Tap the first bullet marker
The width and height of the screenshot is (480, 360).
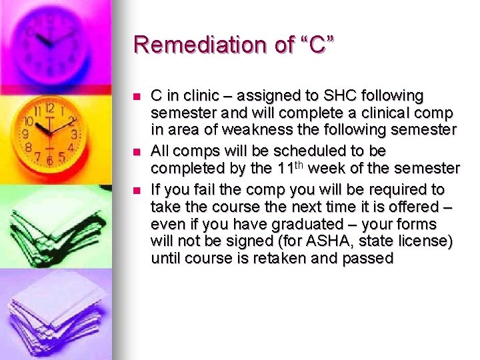(138, 97)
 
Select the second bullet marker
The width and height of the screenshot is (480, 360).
(138, 151)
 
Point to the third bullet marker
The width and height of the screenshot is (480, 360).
(138, 190)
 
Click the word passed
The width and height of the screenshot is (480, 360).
(367, 258)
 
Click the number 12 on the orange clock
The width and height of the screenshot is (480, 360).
(49, 108)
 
